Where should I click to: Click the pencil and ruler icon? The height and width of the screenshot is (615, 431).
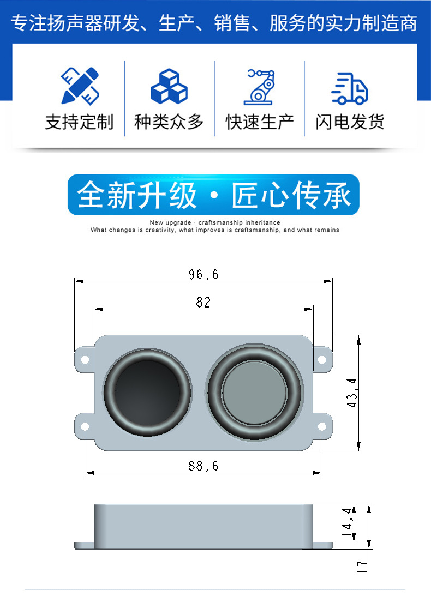pyautogui.click(x=80, y=86)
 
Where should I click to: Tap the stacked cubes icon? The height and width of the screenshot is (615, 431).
pyautogui.click(x=169, y=86)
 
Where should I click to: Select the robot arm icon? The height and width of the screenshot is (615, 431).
pyautogui.click(x=259, y=87)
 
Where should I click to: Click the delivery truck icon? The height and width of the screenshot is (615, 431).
pyautogui.click(x=349, y=88)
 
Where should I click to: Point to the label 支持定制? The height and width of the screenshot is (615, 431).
pyautogui.click(x=79, y=122)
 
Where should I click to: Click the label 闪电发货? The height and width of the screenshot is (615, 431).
pyautogui.click(x=350, y=122)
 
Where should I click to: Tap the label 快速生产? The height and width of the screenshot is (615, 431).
pyautogui.click(x=260, y=122)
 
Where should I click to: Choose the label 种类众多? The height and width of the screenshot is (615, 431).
pyautogui.click(x=169, y=122)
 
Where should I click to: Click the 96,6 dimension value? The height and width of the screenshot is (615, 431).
pyautogui.click(x=203, y=274)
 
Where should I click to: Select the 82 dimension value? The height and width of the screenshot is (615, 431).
pyautogui.click(x=203, y=302)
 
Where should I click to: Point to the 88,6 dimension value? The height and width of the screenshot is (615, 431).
pyautogui.click(x=203, y=466)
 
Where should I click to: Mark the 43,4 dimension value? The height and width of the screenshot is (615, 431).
pyautogui.click(x=352, y=393)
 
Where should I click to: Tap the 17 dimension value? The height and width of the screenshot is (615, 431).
pyautogui.click(x=362, y=567)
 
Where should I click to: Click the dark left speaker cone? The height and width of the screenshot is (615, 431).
pyautogui.click(x=148, y=392)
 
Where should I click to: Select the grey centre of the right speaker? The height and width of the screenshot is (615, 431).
pyautogui.click(x=254, y=393)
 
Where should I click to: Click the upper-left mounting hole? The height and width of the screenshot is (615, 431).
pyautogui.click(x=85, y=359)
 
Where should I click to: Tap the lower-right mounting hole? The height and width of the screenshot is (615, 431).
pyautogui.click(x=322, y=426)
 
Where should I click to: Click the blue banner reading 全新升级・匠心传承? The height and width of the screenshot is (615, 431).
pyautogui.click(x=213, y=195)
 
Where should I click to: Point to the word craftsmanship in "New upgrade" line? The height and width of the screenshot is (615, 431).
pyautogui.click(x=220, y=222)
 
